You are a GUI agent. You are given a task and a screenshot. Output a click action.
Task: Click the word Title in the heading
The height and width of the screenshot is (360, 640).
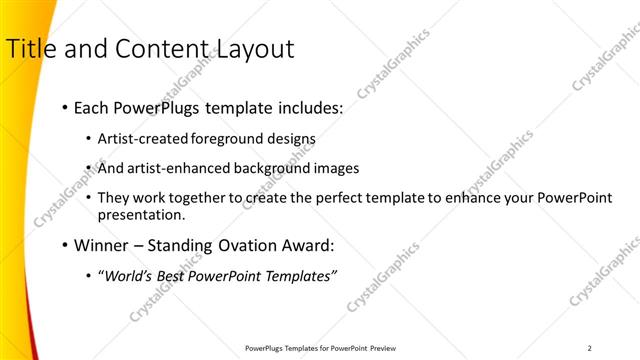[31, 48]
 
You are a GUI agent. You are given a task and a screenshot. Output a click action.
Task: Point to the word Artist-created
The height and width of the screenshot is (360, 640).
[137, 138]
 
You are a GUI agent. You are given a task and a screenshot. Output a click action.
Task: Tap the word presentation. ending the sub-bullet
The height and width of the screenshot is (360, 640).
[141, 214]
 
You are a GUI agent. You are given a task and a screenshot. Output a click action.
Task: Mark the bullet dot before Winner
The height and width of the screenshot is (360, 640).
[65, 243]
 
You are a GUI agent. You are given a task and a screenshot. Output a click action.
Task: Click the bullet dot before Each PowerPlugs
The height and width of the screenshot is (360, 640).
[65, 106]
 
